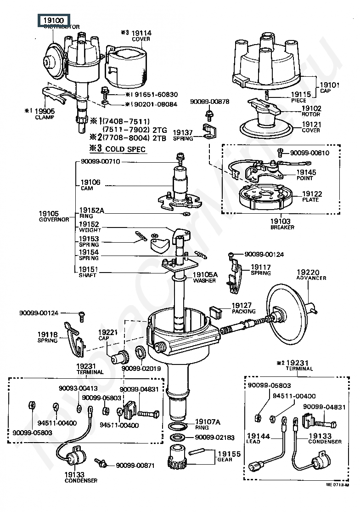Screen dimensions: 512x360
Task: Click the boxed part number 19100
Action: pos(53,21)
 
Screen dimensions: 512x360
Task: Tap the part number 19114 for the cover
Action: pos(141,33)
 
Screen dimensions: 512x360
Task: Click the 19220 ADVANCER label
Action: pos(311,274)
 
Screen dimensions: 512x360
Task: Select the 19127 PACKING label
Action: pos(242,307)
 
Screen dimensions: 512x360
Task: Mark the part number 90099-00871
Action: pos(135,465)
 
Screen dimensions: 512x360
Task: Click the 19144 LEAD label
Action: pos(258,438)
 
